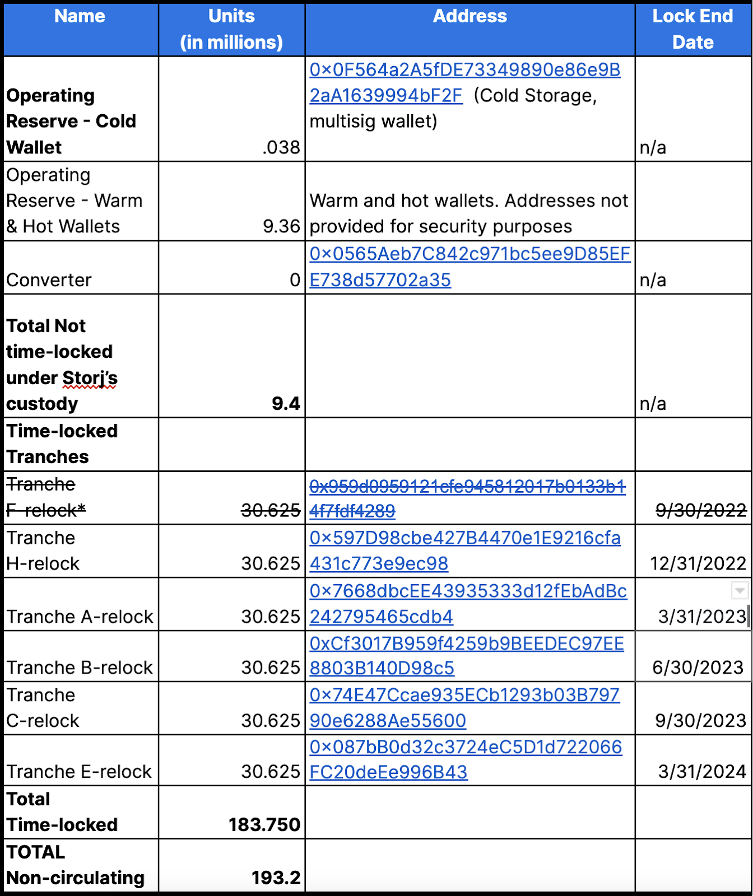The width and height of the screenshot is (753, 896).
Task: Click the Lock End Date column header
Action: tap(692, 29)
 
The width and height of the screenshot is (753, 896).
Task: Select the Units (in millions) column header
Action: tap(231, 29)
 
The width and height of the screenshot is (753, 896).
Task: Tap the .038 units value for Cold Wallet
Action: tap(281, 147)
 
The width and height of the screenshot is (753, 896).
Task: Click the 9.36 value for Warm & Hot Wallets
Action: tap(281, 226)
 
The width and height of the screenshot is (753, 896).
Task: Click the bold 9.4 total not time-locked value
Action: tap(286, 403)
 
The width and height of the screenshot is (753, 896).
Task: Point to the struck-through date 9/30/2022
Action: tap(700, 510)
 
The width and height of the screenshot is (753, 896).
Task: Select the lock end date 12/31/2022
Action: tap(698, 563)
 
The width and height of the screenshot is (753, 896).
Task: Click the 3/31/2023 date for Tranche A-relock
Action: tap(701, 617)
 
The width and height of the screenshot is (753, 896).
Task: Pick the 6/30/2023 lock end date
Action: tap(698, 668)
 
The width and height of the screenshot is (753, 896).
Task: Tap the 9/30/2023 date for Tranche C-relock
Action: tap(700, 721)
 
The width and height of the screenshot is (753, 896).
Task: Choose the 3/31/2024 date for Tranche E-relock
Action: tap(701, 772)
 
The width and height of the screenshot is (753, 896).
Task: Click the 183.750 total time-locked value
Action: tap(264, 824)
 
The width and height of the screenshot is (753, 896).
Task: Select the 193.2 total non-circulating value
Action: tap(276, 878)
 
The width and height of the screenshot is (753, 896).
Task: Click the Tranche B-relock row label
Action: tap(80, 668)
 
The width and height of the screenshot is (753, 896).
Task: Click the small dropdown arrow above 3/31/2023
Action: tap(740, 590)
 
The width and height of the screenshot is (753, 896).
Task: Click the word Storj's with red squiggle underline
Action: tap(90, 378)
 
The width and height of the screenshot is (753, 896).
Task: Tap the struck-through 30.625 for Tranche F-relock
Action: tap(271, 510)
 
